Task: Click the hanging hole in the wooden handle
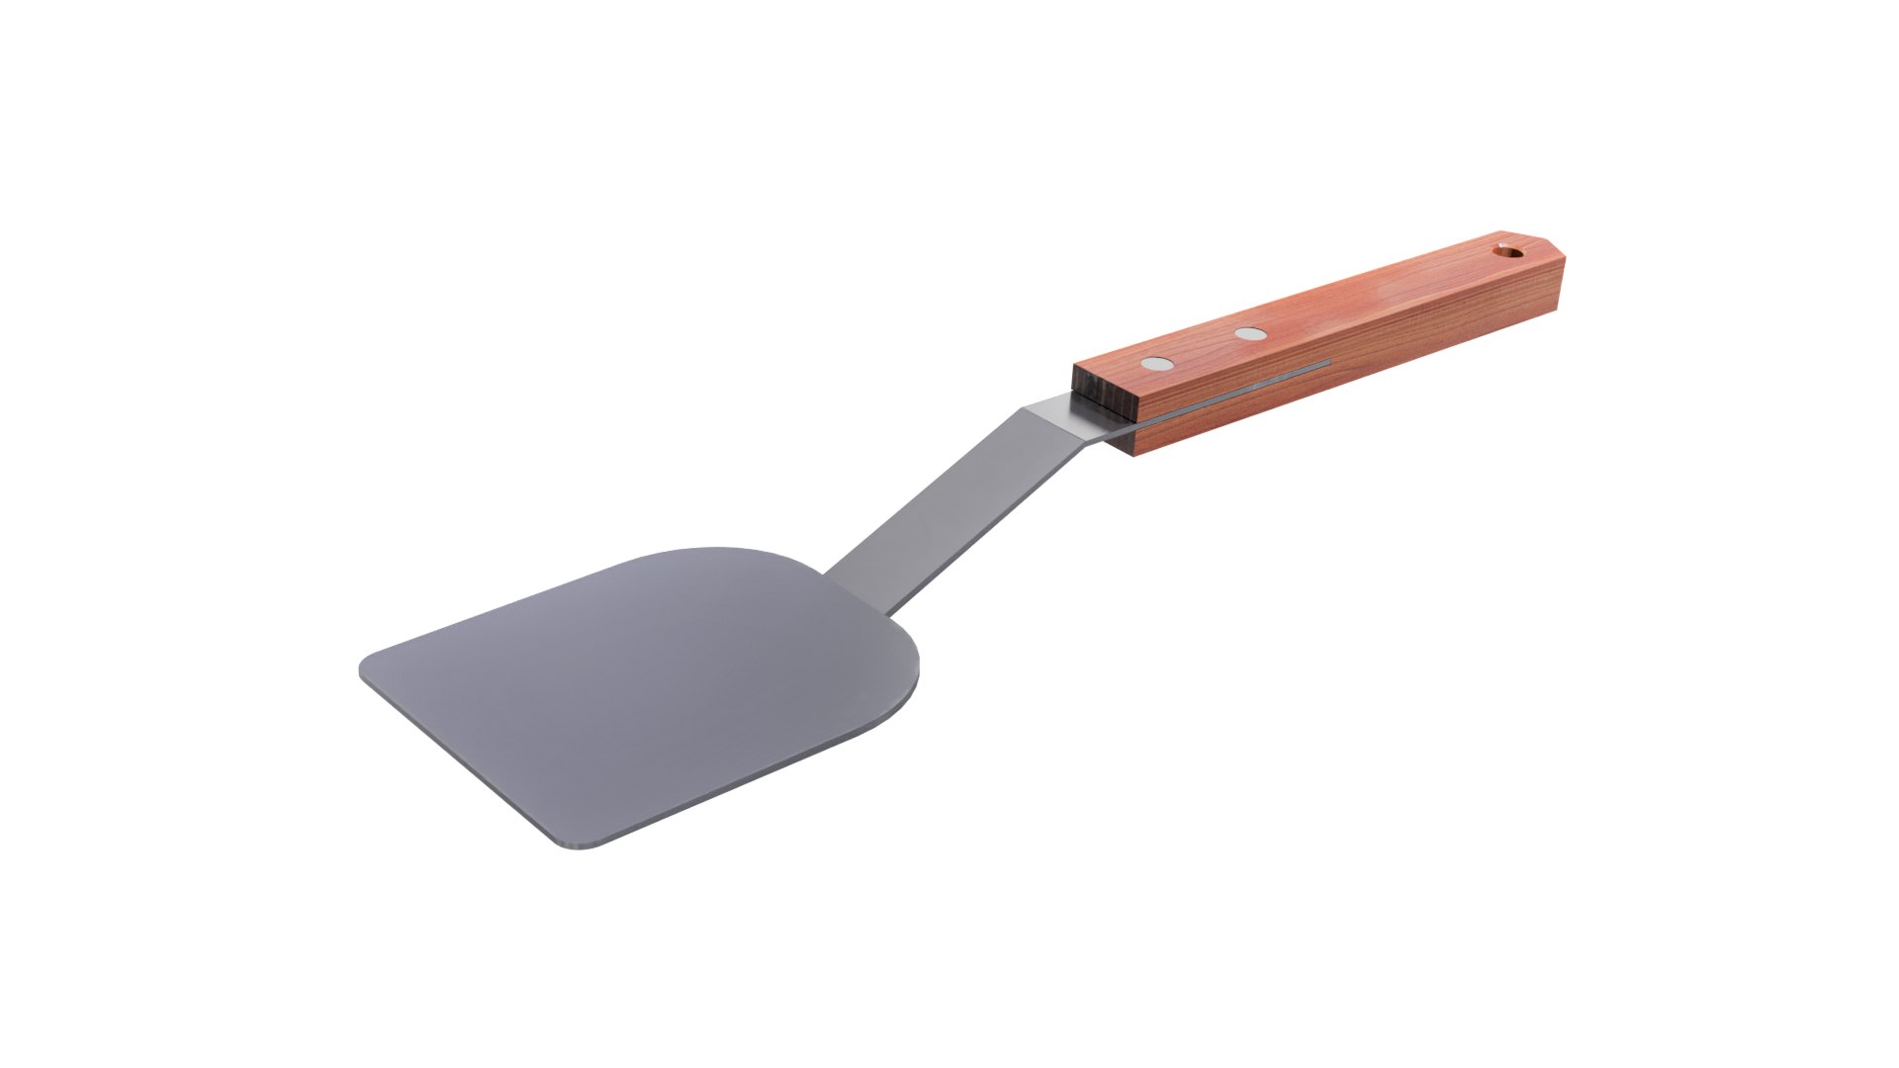[1507, 251]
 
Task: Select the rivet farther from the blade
[1250, 335]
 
